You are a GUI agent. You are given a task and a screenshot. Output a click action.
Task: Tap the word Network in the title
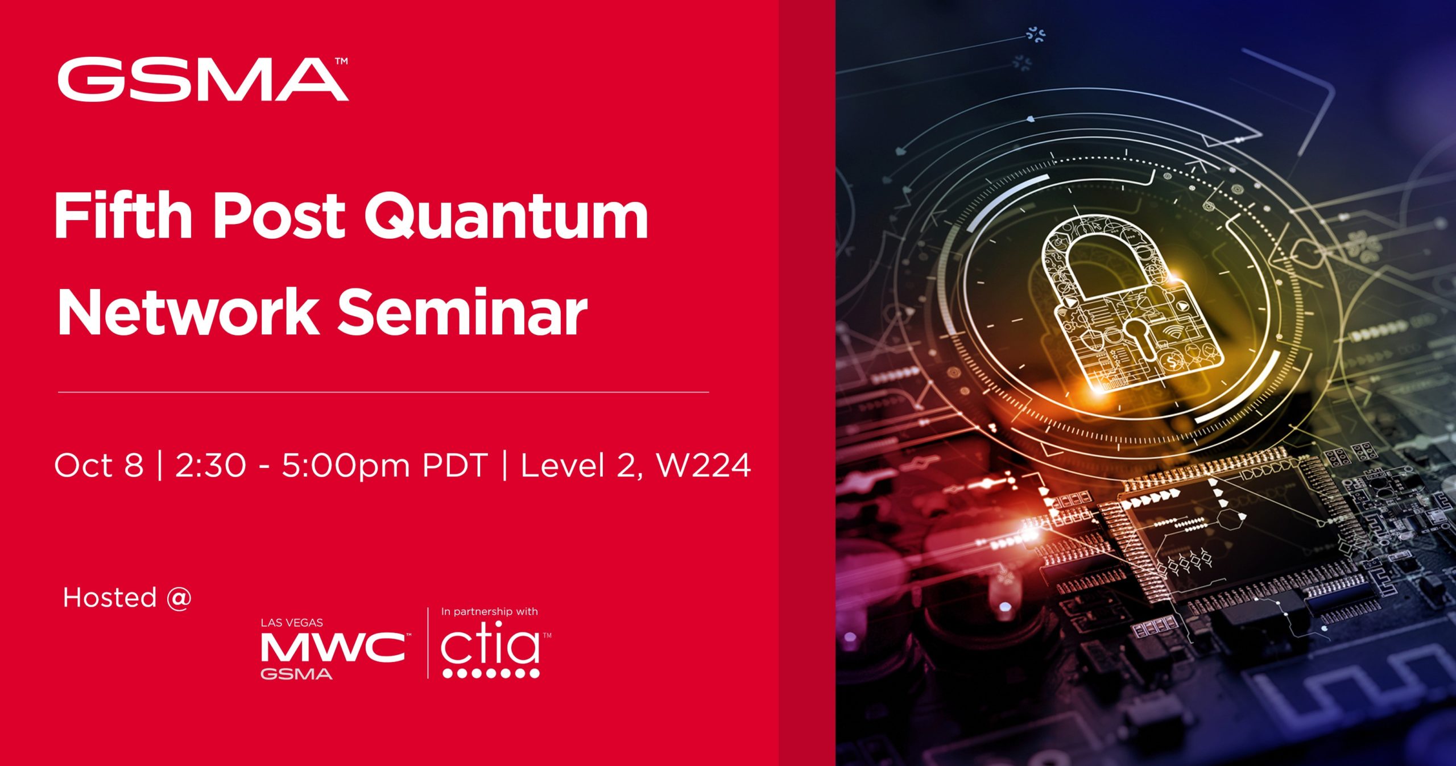(x=188, y=313)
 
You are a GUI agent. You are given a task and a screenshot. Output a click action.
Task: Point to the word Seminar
(x=462, y=313)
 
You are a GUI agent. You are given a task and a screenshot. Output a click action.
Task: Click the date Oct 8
(x=99, y=466)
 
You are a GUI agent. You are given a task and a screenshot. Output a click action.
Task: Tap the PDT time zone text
(x=455, y=466)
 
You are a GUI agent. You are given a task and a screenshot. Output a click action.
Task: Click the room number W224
(x=704, y=466)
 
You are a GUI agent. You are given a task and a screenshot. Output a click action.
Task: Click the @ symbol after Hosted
(x=179, y=598)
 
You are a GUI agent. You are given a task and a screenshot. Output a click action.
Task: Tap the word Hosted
(x=110, y=598)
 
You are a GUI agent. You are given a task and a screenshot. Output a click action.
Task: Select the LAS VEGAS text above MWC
(x=292, y=623)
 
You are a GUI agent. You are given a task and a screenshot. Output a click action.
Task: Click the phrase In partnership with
(x=489, y=612)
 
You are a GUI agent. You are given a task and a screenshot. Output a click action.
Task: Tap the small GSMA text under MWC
(x=296, y=674)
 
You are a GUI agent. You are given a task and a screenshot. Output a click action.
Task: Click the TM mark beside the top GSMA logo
(x=341, y=61)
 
